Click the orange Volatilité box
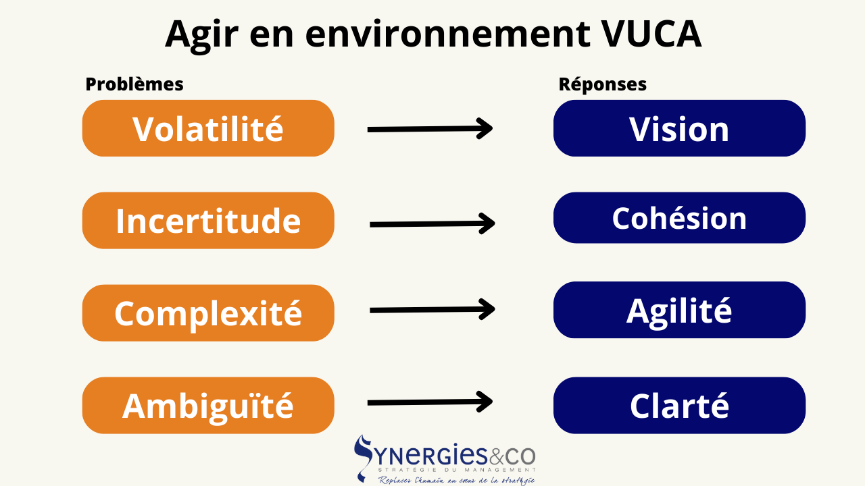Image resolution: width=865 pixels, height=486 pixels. (x=208, y=128)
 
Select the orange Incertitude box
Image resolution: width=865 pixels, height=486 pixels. (x=208, y=221)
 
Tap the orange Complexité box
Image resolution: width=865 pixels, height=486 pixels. (x=208, y=313)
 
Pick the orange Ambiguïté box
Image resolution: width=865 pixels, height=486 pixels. (x=208, y=405)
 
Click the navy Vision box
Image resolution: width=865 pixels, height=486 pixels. (x=679, y=128)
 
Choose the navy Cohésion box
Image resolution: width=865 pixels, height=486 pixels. (x=679, y=218)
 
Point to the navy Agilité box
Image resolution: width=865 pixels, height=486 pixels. (x=679, y=310)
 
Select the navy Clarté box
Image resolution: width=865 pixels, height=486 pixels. (x=679, y=405)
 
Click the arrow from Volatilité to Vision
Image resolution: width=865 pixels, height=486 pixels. (x=430, y=128)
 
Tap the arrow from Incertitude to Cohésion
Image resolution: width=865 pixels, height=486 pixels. (x=432, y=223)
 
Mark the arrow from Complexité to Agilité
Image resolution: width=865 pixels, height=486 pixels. (x=432, y=310)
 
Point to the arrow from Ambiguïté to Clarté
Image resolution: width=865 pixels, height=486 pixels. (x=430, y=402)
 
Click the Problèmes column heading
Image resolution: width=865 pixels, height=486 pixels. (x=134, y=84)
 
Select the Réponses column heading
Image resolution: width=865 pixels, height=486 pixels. (x=602, y=84)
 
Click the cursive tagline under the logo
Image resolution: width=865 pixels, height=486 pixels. (x=456, y=480)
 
